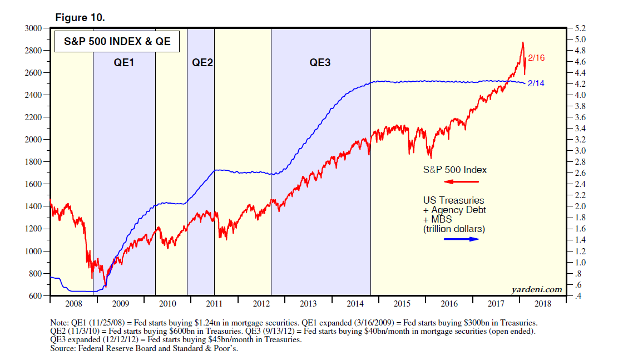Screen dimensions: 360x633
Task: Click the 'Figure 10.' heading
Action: coord(80,17)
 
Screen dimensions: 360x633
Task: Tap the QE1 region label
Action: coord(124,63)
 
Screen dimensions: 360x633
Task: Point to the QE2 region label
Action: coord(202,63)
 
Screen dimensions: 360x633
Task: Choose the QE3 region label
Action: coord(320,63)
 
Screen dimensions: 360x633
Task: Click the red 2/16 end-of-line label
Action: coord(537,57)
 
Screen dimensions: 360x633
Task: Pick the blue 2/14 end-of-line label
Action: coord(537,83)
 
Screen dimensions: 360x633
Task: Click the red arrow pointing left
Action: coord(461,182)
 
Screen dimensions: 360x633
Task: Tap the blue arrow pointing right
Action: coord(461,239)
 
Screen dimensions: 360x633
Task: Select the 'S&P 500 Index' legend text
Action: coord(454,169)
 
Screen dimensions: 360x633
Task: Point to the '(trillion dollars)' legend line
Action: coord(454,229)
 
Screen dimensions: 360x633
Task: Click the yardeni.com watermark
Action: coord(536,289)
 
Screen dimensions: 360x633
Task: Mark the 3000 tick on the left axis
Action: coord(34,28)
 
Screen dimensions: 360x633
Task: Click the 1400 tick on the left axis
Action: coord(34,206)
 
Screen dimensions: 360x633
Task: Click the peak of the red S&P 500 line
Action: coord(522,42)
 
